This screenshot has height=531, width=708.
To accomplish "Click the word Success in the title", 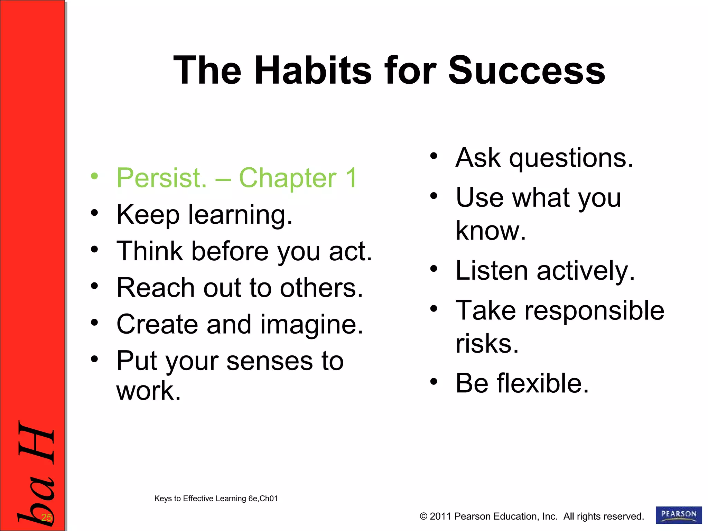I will tap(527, 71).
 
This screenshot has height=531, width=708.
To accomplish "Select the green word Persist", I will tap(161, 178).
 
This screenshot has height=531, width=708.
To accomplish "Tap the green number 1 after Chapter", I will tap(351, 178).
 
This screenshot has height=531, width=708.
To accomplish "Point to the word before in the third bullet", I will tap(230, 251).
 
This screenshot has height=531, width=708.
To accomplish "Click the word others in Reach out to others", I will tap(321, 288).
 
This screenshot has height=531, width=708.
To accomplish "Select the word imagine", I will tap(311, 325).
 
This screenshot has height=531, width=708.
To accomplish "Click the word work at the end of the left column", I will tap(149, 391).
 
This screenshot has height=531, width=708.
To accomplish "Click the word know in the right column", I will tap(491, 231).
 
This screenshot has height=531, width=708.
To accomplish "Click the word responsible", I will tap(594, 310).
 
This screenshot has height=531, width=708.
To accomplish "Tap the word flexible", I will tap(542, 383).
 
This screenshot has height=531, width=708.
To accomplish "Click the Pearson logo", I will tap(678, 515).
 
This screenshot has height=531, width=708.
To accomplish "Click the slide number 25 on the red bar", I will tap(46, 518).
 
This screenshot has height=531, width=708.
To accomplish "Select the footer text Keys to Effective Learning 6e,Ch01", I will tap(216, 499).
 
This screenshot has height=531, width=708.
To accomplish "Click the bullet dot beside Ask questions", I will tap(434, 156).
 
